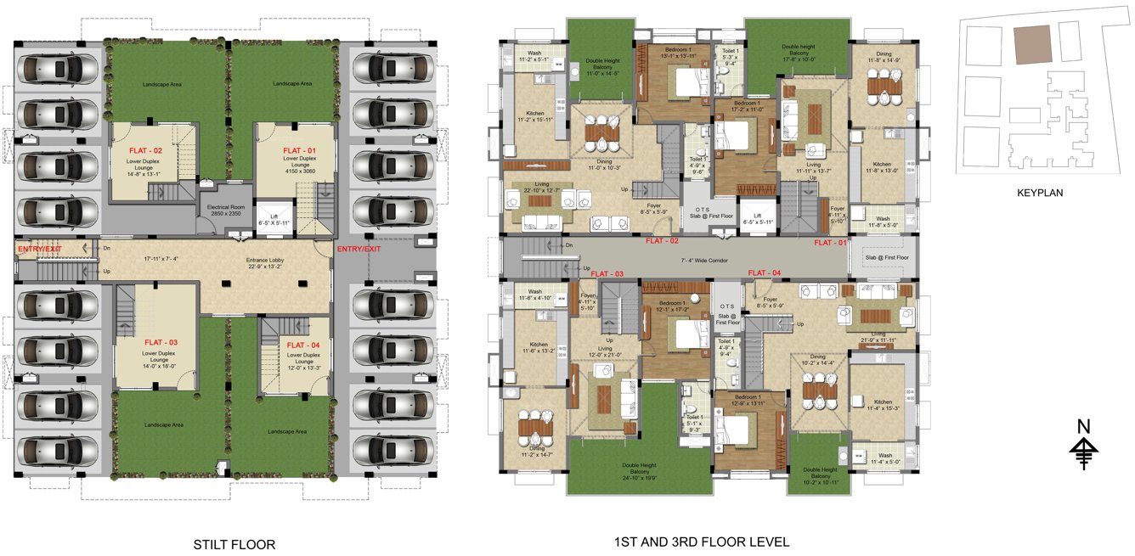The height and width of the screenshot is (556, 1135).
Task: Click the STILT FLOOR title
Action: click(x=234, y=545)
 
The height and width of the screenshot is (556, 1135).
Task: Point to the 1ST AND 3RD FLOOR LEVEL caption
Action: click(x=701, y=542)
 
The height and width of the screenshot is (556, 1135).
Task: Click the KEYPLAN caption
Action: click(x=1040, y=193)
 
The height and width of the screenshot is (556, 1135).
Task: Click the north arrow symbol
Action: click(x=1083, y=445)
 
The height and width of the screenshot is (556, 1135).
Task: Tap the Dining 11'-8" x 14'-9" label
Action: click(x=883, y=56)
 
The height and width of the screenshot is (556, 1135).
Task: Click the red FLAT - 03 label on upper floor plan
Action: click(x=607, y=274)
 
